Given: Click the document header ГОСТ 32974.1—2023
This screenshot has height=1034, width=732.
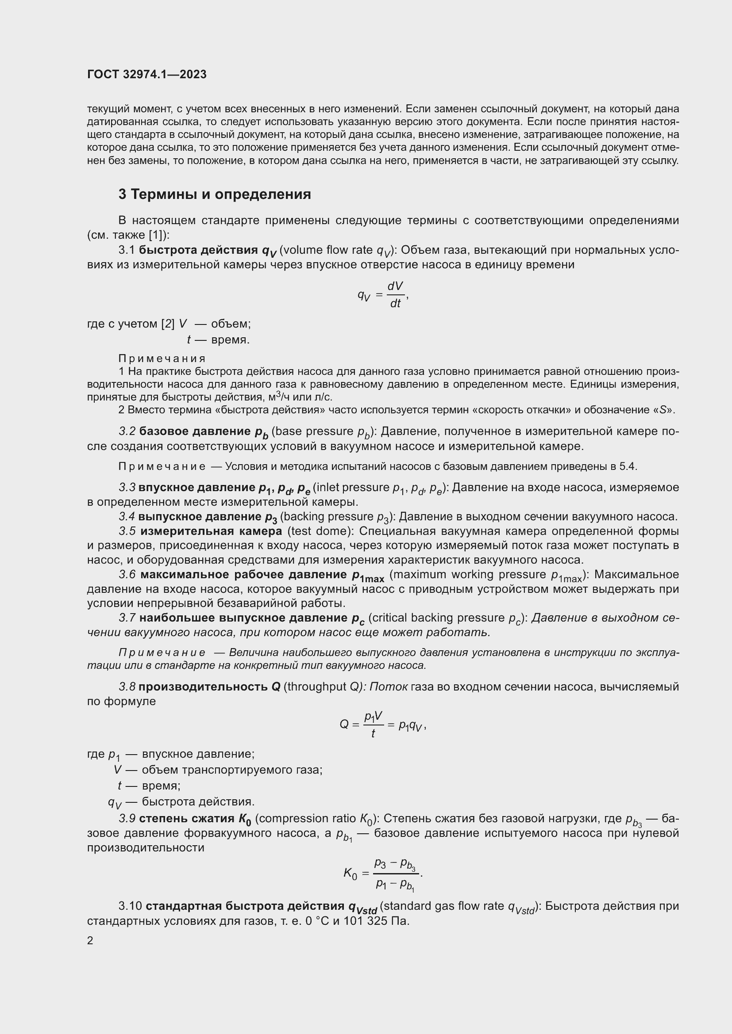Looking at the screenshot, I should [147, 75].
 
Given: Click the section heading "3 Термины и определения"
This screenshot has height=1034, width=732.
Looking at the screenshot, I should [215, 194].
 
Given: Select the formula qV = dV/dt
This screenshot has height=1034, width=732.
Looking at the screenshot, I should [383, 295].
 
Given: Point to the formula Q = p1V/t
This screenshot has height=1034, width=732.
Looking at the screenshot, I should [382, 725].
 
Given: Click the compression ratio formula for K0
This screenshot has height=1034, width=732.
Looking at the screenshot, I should [383, 874].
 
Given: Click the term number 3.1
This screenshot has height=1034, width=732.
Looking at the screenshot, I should [127, 250].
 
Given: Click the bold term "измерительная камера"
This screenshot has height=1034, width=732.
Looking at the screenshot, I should [211, 531].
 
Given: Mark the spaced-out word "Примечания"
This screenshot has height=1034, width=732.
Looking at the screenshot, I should [162, 359].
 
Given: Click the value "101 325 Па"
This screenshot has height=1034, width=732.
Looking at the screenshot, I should [376, 921].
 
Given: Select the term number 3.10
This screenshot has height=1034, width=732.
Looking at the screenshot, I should [130, 906].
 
